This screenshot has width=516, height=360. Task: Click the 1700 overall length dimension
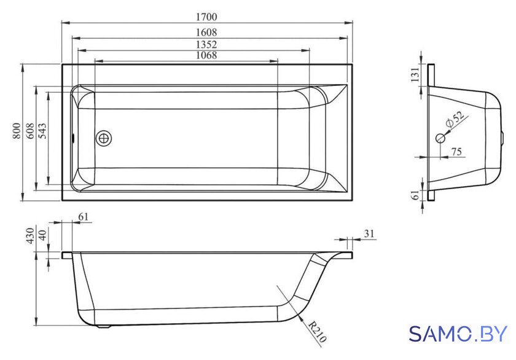[206, 17]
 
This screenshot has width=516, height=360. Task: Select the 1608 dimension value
[206, 32]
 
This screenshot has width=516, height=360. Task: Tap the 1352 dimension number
[206, 44]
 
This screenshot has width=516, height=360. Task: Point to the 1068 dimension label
[206, 55]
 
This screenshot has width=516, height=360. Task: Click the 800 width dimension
[17, 131]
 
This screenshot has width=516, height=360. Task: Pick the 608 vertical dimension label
[30, 131]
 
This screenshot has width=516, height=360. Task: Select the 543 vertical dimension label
[43, 131]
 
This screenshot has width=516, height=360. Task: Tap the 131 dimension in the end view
[416, 75]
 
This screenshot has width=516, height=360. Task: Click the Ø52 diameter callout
[455, 119]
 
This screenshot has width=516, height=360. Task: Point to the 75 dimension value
[456, 151]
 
